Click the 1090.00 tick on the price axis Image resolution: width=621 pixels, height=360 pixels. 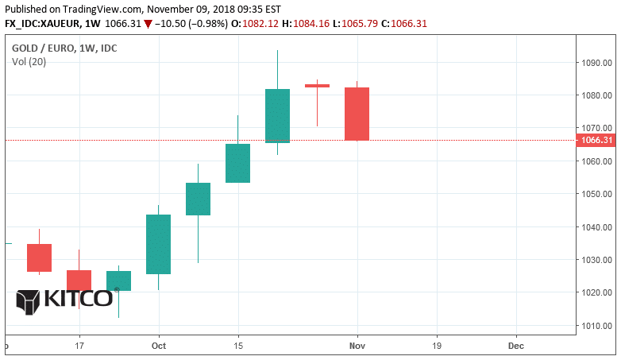pyautogui.click(x=596, y=62)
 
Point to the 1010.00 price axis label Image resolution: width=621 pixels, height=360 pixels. pyautogui.click(x=596, y=326)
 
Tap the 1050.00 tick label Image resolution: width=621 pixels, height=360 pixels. pyautogui.click(x=596, y=194)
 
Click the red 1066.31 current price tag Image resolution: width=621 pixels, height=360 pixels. pyautogui.click(x=597, y=141)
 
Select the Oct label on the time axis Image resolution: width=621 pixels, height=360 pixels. pyautogui.click(x=159, y=346)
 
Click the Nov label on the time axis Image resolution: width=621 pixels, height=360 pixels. pyautogui.click(x=357, y=346)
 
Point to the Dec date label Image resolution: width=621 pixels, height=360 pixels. pyautogui.click(x=516, y=346)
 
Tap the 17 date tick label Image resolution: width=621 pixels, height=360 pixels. pyautogui.click(x=79, y=346)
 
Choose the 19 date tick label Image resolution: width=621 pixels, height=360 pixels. pyautogui.click(x=437, y=346)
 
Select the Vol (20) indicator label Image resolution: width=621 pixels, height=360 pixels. pyautogui.click(x=29, y=62)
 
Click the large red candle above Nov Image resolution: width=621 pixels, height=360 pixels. pyautogui.click(x=357, y=114)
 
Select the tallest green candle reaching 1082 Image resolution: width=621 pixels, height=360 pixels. pyautogui.click(x=277, y=115)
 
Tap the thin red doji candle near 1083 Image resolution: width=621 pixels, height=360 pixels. pyautogui.click(x=317, y=86)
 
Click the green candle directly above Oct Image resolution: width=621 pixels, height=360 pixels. pyautogui.click(x=159, y=244)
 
